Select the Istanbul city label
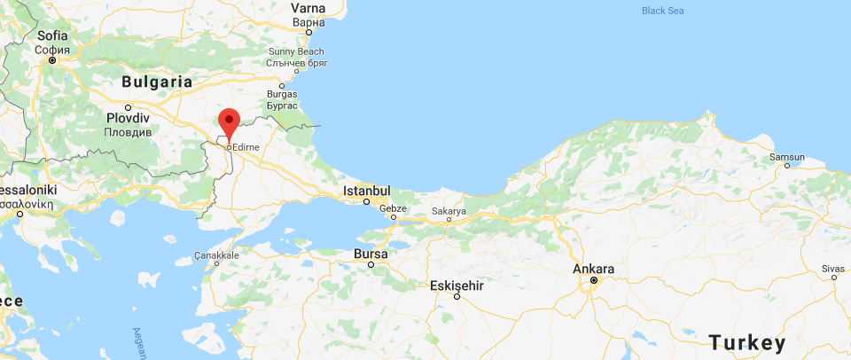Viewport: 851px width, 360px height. pos(367,191)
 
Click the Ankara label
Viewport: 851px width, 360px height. pos(594,270)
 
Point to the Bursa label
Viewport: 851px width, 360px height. pos(371,254)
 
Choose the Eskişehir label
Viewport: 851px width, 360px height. pos(457,286)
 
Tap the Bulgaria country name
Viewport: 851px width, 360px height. pos(157,81)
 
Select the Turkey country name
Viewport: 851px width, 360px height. pos(746,342)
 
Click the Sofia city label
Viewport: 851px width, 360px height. pos(53,35)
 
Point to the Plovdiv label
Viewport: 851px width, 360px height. pos(128,117)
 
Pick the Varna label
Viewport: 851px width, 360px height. pos(308,9)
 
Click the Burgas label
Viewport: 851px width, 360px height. pos(282,92)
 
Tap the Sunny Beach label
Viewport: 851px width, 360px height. pos(296,52)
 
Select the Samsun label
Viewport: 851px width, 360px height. pos(786,157)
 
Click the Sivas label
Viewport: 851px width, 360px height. pos(833,268)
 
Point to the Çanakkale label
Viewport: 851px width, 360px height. pos(217,255)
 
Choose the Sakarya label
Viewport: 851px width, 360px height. pos(448,211)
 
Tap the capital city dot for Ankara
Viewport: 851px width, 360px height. pos(594,282)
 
